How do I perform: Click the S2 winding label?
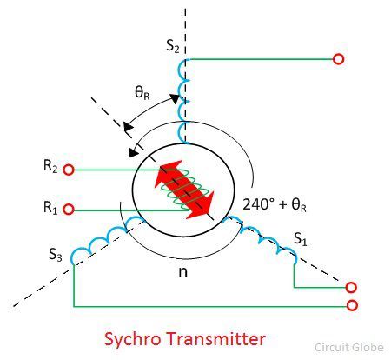pyautogui.click(x=173, y=46)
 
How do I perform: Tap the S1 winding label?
pyautogui.click(x=301, y=239)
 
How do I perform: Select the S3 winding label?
pyautogui.click(x=56, y=255)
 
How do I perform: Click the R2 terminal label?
pyautogui.click(x=50, y=167)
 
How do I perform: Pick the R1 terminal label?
pyautogui.click(x=50, y=208)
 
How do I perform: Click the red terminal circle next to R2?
pyautogui.click(x=69, y=170)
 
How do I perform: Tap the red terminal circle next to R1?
pyautogui.click(x=69, y=210)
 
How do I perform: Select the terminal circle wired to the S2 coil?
pyautogui.click(x=338, y=59)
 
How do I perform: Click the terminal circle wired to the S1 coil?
pyautogui.click(x=351, y=288)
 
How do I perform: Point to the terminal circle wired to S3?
pyautogui.click(x=352, y=305)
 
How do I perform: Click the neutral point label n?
pyautogui.click(x=182, y=272)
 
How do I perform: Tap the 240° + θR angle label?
pyautogui.click(x=275, y=204)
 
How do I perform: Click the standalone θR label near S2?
pyautogui.click(x=142, y=93)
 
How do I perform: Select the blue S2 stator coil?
pyautogui.click(x=182, y=102)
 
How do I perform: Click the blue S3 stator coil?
pyautogui.click(x=108, y=238)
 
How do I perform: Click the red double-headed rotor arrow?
pyautogui.click(x=184, y=189)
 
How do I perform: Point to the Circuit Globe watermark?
pyautogui.click(x=349, y=347)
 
